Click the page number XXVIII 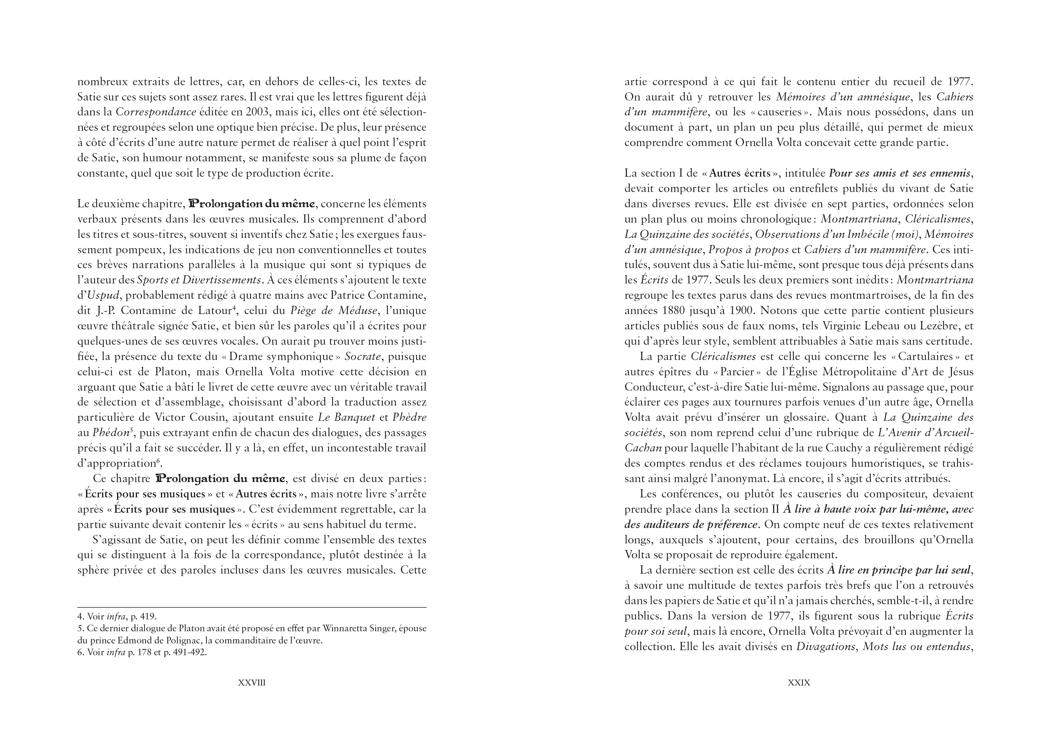coord(252,682)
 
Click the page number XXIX coord(799,682)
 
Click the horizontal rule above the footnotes coord(252,607)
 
